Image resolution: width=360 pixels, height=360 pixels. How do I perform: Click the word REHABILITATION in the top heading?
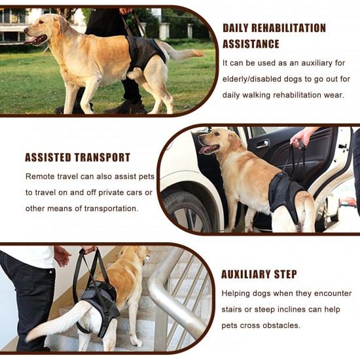point(289,28)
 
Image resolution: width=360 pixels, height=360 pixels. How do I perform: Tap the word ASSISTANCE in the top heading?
point(251,44)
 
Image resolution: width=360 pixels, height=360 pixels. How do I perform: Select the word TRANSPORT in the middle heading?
point(102,158)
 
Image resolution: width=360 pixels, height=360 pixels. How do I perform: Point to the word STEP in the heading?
point(285,274)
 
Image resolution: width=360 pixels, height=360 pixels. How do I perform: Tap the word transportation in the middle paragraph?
point(111,208)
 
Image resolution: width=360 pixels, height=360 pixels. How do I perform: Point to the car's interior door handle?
point(262,145)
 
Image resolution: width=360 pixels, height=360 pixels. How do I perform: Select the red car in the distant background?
point(347,202)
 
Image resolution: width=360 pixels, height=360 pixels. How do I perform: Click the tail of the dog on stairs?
point(58,321)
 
